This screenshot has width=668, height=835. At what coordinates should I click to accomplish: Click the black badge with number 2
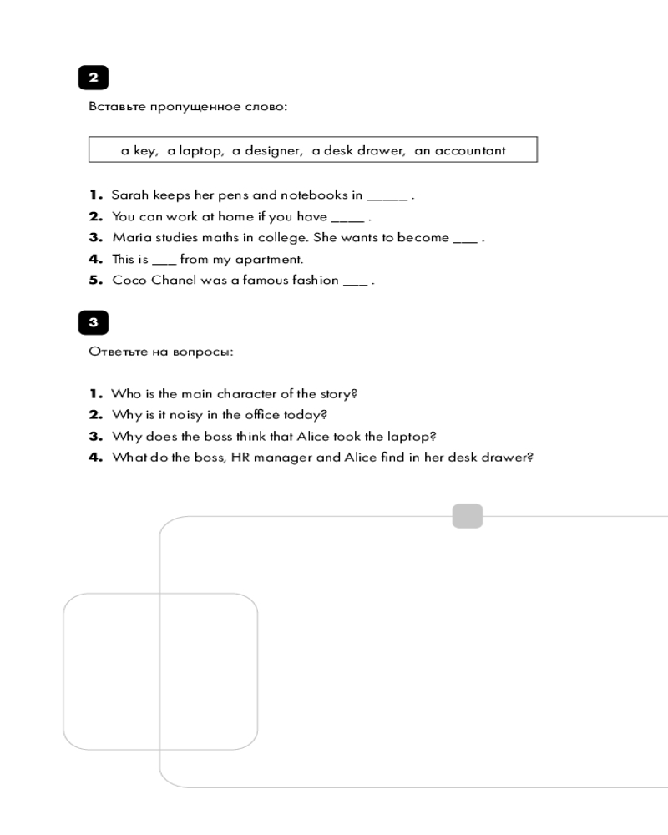pyautogui.click(x=94, y=78)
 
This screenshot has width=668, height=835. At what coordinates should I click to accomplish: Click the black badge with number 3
pyautogui.click(x=94, y=322)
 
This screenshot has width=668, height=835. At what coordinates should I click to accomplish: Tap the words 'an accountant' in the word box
pyautogui.click(x=460, y=151)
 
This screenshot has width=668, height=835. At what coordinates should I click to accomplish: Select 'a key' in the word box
pyautogui.click(x=139, y=151)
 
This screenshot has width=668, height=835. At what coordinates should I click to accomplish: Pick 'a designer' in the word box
pyautogui.click(x=266, y=151)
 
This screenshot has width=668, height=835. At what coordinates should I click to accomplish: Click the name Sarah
pyautogui.click(x=129, y=195)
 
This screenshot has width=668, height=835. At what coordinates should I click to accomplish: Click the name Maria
pyautogui.click(x=129, y=238)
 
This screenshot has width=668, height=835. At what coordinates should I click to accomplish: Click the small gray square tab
pyautogui.click(x=468, y=516)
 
